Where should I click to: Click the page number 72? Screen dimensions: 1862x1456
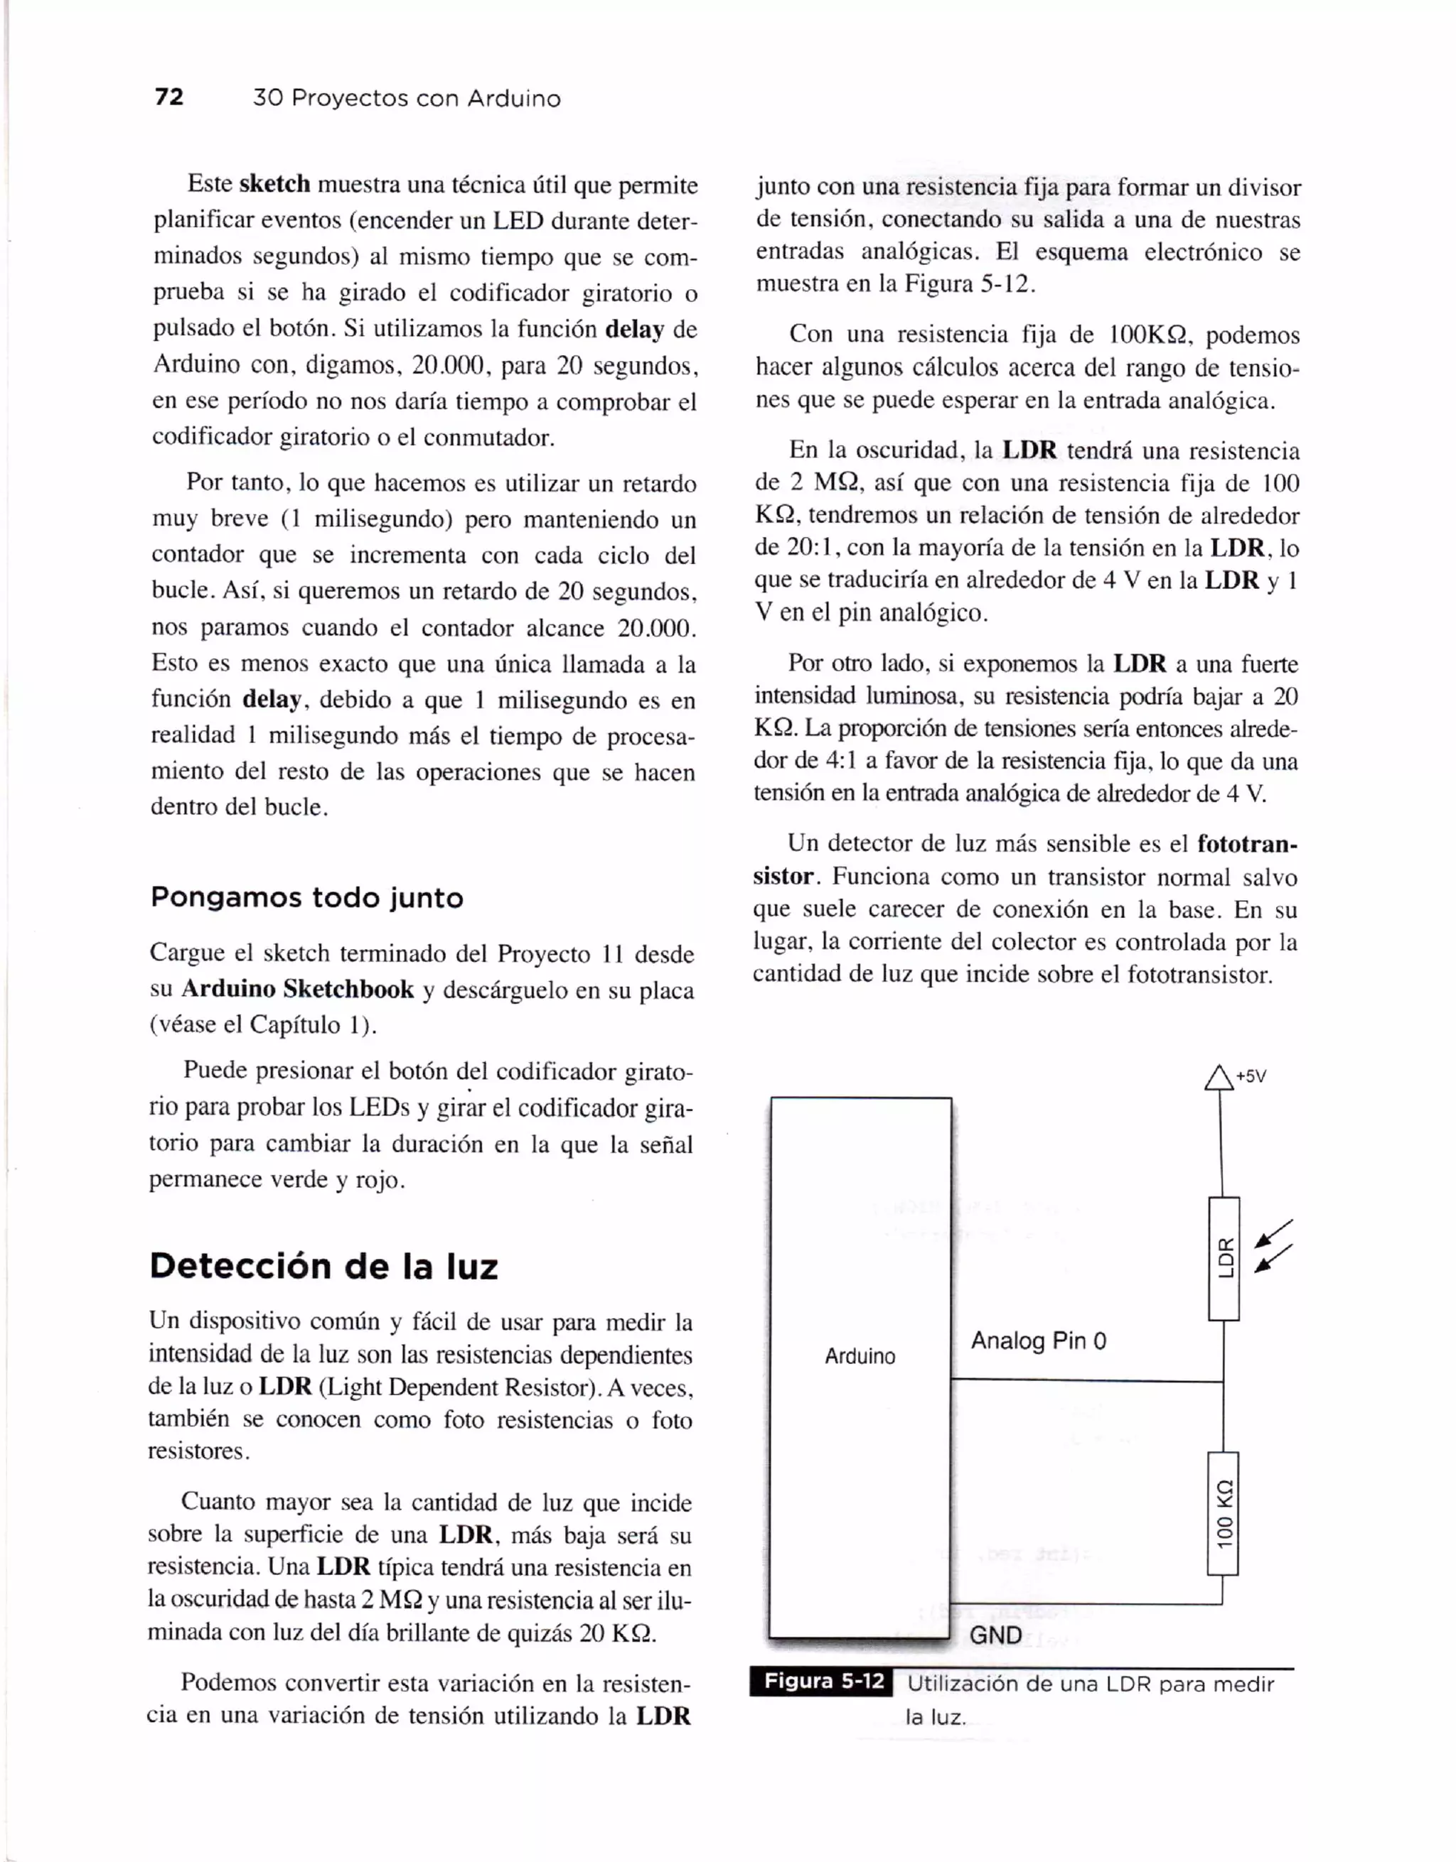(x=169, y=97)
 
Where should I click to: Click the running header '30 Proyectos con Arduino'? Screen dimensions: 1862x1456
(x=407, y=99)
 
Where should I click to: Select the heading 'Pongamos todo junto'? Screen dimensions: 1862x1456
(x=307, y=898)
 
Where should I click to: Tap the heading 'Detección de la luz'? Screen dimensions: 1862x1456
(x=323, y=1265)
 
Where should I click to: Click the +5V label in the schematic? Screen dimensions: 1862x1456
(x=1251, y=1077)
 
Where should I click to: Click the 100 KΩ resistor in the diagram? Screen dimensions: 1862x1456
(x=1223, y=1513)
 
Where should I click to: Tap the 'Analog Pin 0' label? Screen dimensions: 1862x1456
(x=1038, y=1341)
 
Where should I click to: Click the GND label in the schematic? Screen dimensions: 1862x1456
(x=995, y=1635)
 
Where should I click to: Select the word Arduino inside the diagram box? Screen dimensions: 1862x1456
(x=860, y=1356)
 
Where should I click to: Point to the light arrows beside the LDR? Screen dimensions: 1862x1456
(x=1273, y=1247)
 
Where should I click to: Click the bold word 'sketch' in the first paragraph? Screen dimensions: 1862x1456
(x=274, y=184)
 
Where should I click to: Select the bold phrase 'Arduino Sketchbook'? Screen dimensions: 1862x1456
(x=298, y=989)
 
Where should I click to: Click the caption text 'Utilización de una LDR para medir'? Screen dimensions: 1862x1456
(x=1090, y=1684)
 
